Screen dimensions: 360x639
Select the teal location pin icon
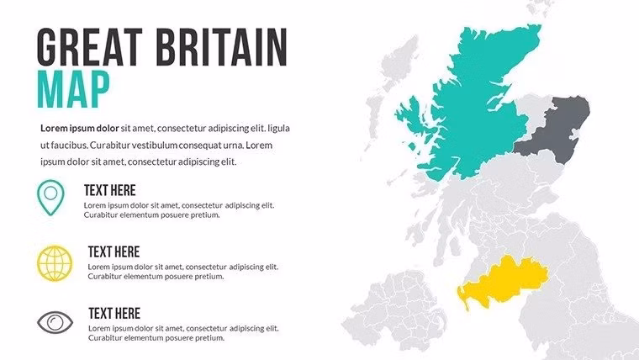[52, 195]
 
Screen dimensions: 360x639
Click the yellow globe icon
[55, 262]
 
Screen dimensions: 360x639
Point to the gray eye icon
[55, 322]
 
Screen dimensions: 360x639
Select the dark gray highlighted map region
[555, 130]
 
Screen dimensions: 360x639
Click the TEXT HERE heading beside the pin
[109, 190]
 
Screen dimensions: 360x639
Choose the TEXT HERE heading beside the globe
[114, 251]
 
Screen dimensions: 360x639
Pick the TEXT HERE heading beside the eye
[114, 313]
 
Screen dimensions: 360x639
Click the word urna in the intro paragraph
[234, 145]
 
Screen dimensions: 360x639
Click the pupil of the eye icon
[55, 322]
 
